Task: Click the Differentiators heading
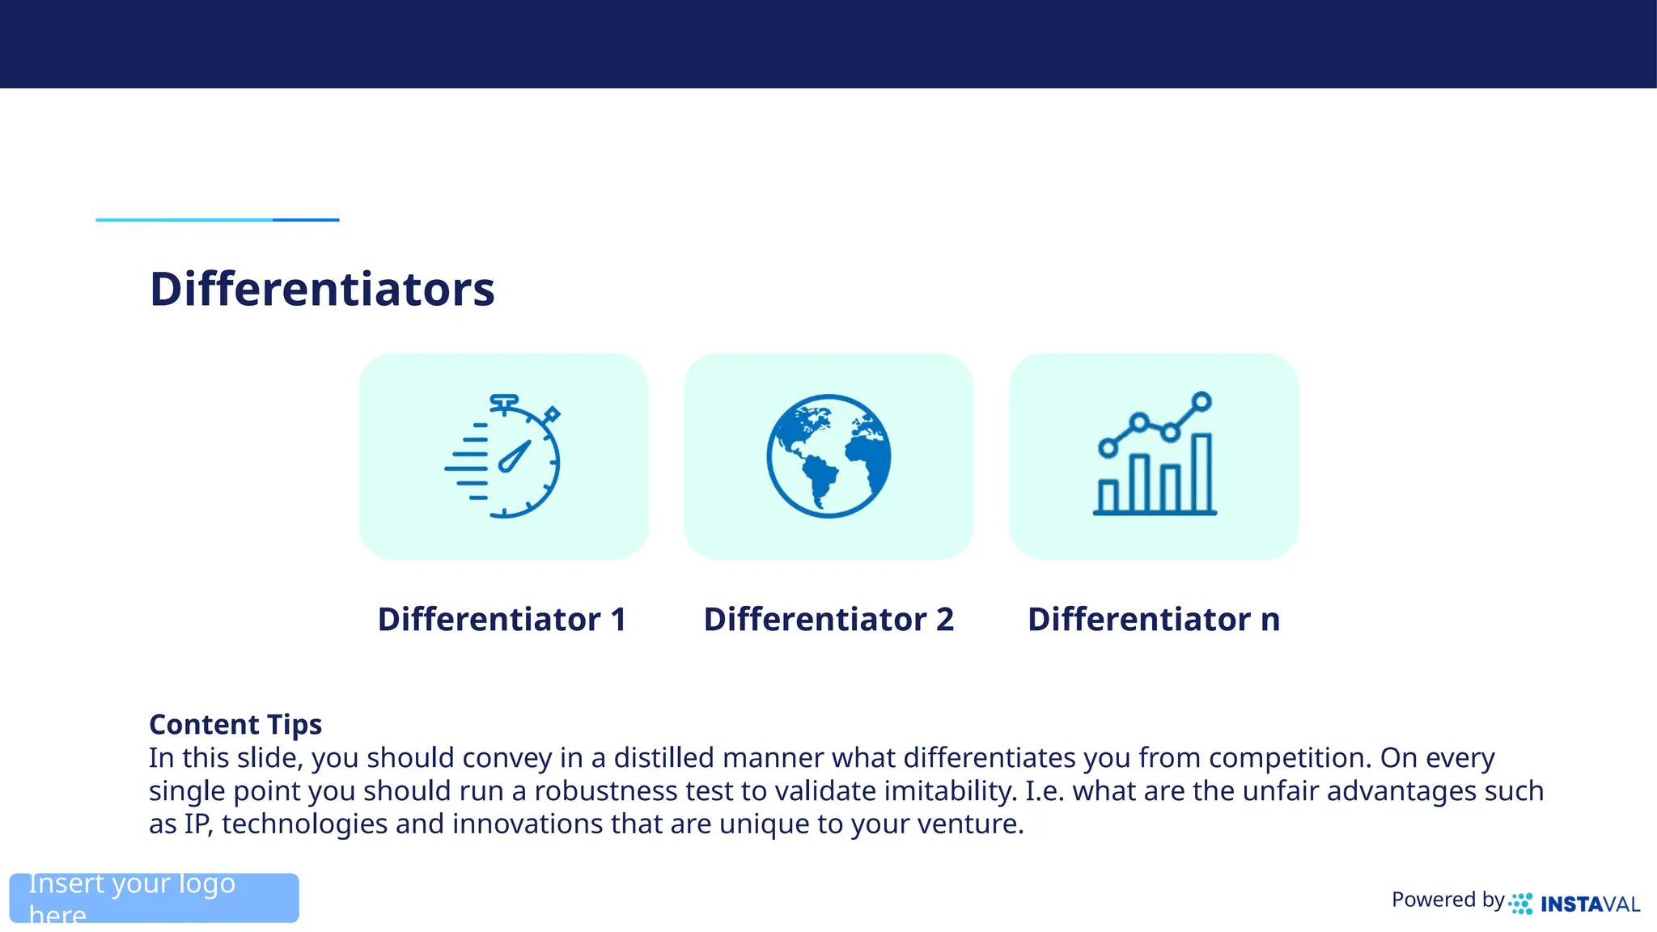(322, 289)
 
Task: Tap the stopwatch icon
(503, 456)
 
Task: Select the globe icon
(828, 456)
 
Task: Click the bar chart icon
(1155, 456)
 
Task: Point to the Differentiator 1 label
(502, 620)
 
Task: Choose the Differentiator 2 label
(828, 620)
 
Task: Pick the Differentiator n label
(1154, 620)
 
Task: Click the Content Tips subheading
(235, 724)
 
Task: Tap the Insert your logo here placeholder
(154, 898)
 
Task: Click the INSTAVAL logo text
(1590, 904)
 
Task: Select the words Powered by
(1447, 900)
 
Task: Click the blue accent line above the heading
(217, 219)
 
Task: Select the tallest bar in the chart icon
(1201, 473)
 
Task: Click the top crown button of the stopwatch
(504, 400)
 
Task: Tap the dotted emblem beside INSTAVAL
(1520, 904)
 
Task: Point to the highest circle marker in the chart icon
(1201, 401)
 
